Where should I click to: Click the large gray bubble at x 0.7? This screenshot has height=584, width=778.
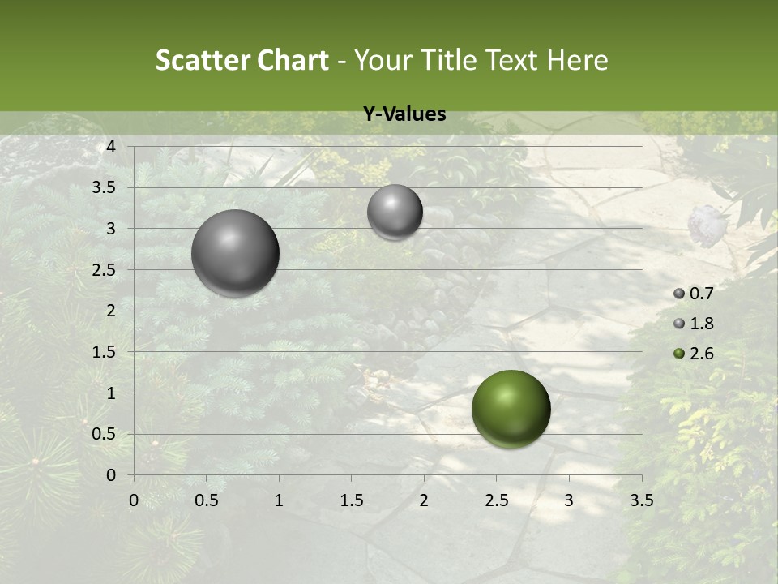coord(235,253)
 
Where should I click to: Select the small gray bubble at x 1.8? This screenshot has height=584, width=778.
coord(395,212)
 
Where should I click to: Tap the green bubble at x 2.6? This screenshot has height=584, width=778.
coord(511,409)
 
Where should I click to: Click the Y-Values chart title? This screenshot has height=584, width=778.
coord(404,114)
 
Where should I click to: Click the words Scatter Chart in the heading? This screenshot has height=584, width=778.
coord(242,60)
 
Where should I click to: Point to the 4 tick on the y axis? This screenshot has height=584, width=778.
coord(112,147)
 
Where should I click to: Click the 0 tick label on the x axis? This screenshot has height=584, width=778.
coord(135,500)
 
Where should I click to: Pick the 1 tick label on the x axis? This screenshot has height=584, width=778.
coord(279,500)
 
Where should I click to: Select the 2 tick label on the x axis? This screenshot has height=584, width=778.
coord(424,500)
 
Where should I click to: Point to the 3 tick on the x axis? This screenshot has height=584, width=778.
coord(569,500)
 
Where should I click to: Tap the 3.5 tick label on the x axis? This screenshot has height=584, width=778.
coord(641,500)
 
